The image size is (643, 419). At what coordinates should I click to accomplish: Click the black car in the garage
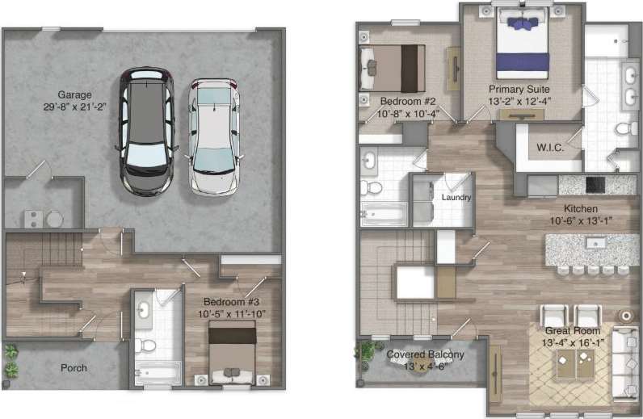pyautogui.click(x=147, y=131)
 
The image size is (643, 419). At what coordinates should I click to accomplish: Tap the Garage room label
pyautogui.click(x=74, y=94)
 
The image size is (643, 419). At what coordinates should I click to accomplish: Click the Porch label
pyautogui.click(x=74, y=368)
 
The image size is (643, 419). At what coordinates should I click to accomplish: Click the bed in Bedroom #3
pyautogui.click(x=233, y=353)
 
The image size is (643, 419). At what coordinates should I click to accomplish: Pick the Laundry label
pyautogui.click(x=456, y=197)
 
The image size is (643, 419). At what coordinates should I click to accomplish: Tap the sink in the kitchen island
pyautogui.click(x=596, y=243)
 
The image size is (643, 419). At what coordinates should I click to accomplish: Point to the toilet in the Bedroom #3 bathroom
pyautogui.click(x=147, y=346)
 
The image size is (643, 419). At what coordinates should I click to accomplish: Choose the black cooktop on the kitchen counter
pyautogui.click(x=597, y=185)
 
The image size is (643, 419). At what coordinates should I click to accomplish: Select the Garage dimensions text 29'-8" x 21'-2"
pyautogui.click(x=74, y=107)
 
